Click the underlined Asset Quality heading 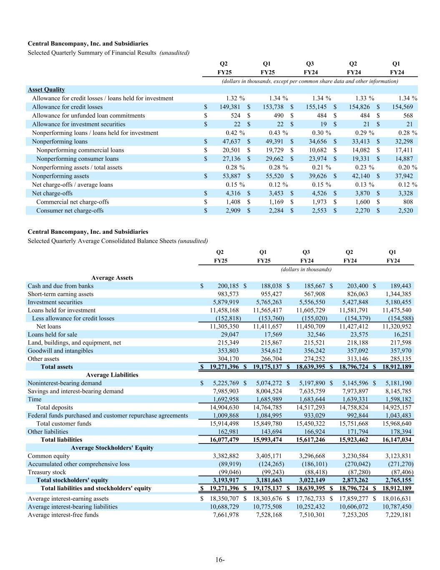tap(46, 89)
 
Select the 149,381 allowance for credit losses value tap(229, 107)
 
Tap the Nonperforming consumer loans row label tap(77, 159)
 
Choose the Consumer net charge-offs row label tap(70, 210)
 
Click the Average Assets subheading tap(112, 278)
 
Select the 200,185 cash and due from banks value tap(228, 286)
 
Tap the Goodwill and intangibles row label tap(60, 351)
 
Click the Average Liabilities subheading tap(112, 375)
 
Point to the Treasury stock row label tap(47, 472)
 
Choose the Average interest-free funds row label tap(63, 515)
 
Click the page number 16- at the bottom tap(220, 560)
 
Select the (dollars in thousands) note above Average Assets tap(307, 269)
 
